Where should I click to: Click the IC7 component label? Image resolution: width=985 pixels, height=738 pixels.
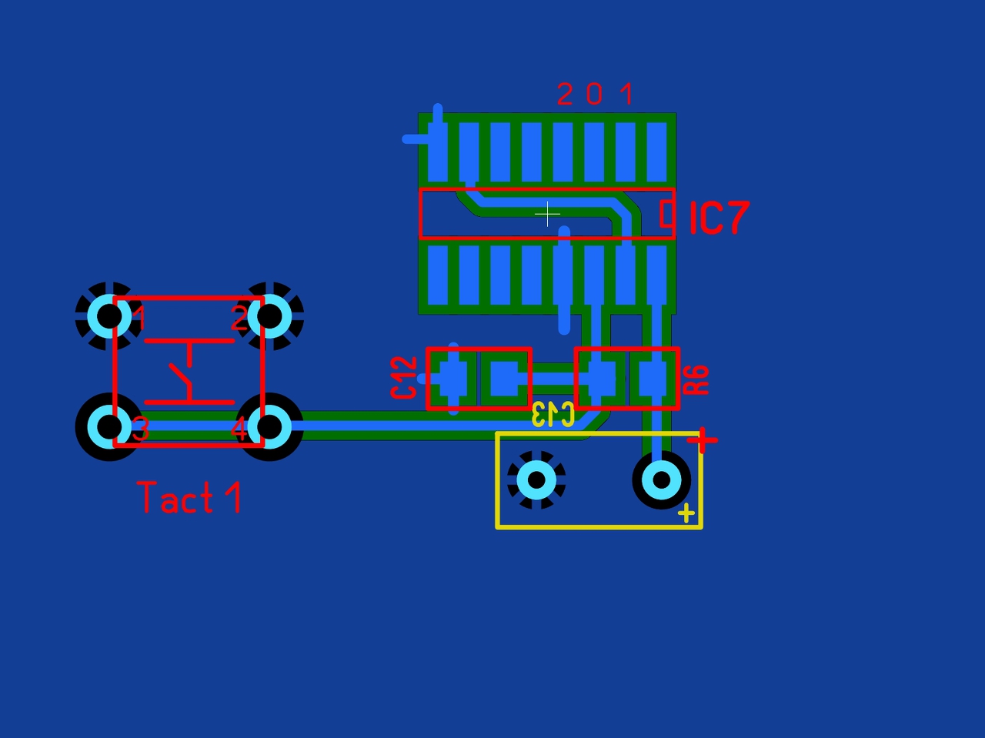[x=719, y=218]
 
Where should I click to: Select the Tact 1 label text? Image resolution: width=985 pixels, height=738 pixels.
[x=189, y=498]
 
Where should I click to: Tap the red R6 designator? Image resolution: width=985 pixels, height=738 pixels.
[x=696, y=380]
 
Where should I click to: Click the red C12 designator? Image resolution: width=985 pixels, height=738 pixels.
[x=404, y=377]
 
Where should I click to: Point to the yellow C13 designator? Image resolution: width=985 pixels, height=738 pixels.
[x=553, y=414]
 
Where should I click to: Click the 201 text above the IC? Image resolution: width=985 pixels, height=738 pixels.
[x=595, y=95]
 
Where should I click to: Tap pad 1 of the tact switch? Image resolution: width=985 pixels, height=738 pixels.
[x=109, y=316]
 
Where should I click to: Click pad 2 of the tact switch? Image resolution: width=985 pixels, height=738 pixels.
[x=270, y=316]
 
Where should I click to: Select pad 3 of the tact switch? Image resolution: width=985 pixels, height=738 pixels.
[x=109, y=426]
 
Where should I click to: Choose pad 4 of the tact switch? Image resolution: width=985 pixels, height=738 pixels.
[x=270, y=426]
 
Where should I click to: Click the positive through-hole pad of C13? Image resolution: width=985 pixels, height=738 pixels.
[x=661, y=480]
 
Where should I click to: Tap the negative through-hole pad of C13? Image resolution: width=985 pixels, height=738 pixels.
[x=536, y=480]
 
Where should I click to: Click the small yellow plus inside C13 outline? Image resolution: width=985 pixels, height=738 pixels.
[x=686, y=513]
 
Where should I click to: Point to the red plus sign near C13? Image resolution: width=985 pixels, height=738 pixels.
[x=703, y=440]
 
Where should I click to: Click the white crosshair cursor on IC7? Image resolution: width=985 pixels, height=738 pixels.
[x=547, y=214]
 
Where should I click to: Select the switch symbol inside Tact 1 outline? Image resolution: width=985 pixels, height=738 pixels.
[x=189, y=371]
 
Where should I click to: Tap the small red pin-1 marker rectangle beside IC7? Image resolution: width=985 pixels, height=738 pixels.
[x=667, y=213]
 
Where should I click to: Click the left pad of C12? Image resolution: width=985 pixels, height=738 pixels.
[x=452, y=378]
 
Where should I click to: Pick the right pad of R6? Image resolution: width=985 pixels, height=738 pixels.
[x=653, y=378]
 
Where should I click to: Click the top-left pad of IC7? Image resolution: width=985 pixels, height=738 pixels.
[x=437, y=152]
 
